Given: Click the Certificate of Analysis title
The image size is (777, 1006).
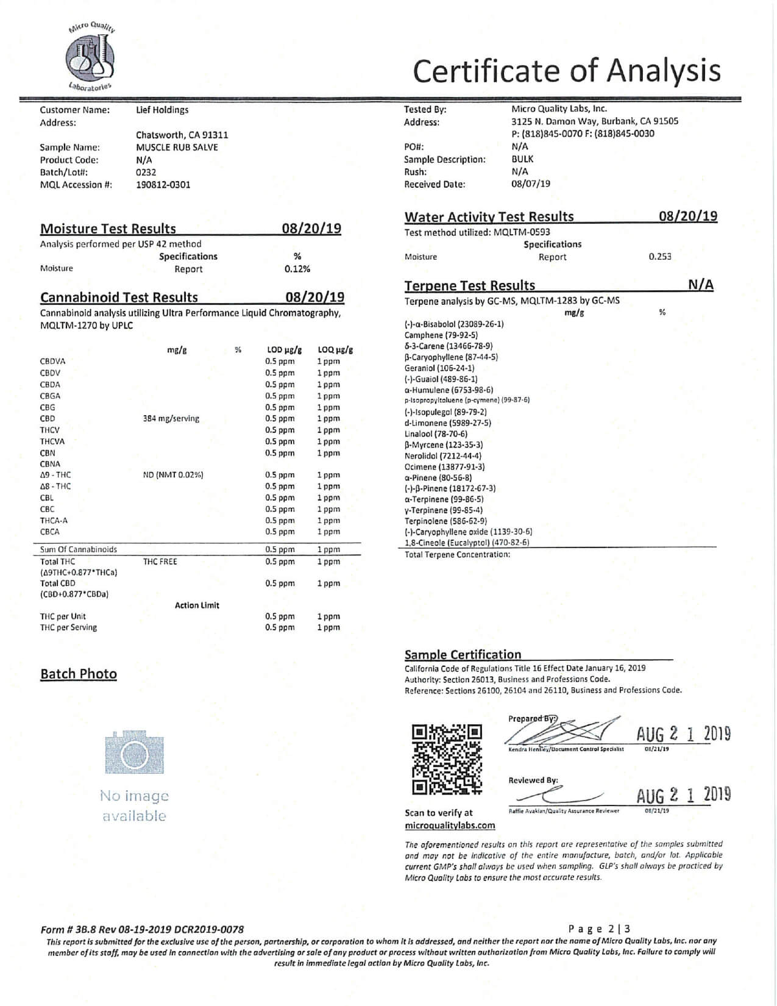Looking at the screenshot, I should click(x=566, y=71).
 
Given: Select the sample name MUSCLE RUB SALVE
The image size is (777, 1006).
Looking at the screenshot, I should click(x=177, y=147).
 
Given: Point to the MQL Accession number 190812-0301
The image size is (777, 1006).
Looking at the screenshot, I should click(x=163, y=185).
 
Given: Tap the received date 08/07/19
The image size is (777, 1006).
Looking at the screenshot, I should click(x=530, y=184).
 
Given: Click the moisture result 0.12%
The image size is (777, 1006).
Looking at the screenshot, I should click(x=297, y=269).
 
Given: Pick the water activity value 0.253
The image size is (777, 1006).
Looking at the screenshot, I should click(x=660, y=257).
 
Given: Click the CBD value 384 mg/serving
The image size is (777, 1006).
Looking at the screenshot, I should click(x=171, y=419).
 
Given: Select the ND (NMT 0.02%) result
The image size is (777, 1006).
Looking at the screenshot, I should click(x=173, y=474).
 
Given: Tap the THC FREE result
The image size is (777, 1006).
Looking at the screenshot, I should click(x=160, y=562).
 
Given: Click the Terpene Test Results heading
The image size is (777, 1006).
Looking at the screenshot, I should click(x=469, y=285).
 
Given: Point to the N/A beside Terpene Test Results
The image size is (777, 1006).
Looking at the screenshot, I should click(x=701, y=285).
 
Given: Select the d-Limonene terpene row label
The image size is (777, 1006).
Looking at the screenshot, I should click(x=447, y=423).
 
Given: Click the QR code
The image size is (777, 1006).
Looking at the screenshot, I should click(x=447, y=759).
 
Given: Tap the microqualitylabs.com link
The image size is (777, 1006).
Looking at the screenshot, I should click(x=450, y=826).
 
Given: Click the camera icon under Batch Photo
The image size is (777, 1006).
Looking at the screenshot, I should click(x=134, y=752).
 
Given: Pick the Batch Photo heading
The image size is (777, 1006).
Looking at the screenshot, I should click(x=79, y=674).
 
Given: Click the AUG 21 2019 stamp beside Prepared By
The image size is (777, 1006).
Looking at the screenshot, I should click(x=683, y=733).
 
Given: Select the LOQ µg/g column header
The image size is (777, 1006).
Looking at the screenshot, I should click(x=335, y=350).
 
